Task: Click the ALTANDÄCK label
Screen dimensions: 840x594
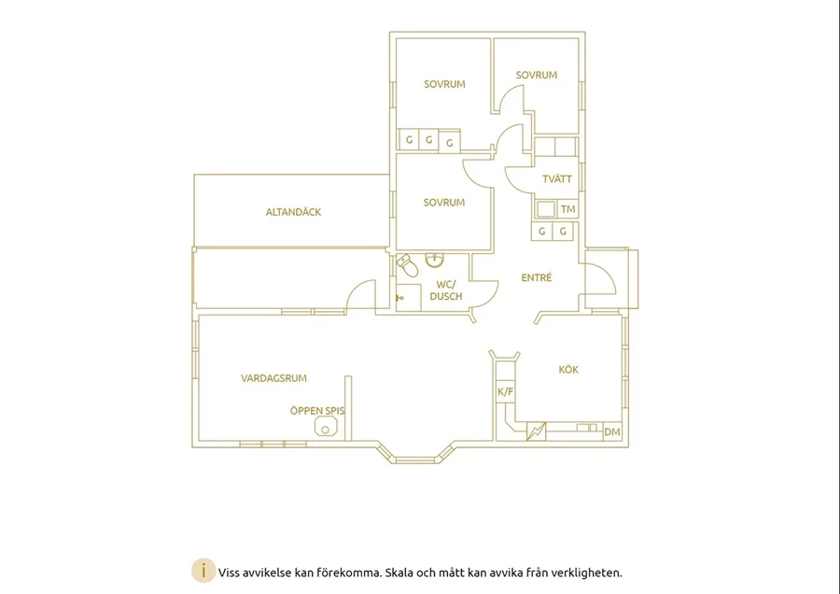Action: click(x=294, y=212)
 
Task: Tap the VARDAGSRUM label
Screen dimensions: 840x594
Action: click(x=273, y=378)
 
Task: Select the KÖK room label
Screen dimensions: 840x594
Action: click(x=568, y=369)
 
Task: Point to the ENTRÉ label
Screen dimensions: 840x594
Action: click(x=537, y=277)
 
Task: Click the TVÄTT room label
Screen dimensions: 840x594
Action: click(x=557, y=179)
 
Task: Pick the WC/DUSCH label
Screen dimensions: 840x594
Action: click(x=446, y=290)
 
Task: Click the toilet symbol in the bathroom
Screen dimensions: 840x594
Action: click(x=408, y=265)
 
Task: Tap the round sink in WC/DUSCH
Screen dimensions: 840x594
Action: click(x=434, y=260)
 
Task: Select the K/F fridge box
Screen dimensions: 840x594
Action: click(x=505, y=392)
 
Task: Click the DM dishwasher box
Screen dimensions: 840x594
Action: click(x=612, y=431)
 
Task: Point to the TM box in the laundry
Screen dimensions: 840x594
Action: click(x=567, y=209)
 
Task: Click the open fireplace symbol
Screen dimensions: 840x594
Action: click(x=325, y=428)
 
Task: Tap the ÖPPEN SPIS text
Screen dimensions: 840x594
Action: click(x=317, y=411)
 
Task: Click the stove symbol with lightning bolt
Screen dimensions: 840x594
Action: click(x=536, y=431)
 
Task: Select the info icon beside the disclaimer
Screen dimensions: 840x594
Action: click(x=203, y=572)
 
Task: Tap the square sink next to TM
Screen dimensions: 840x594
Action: click(x=545, y=209)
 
